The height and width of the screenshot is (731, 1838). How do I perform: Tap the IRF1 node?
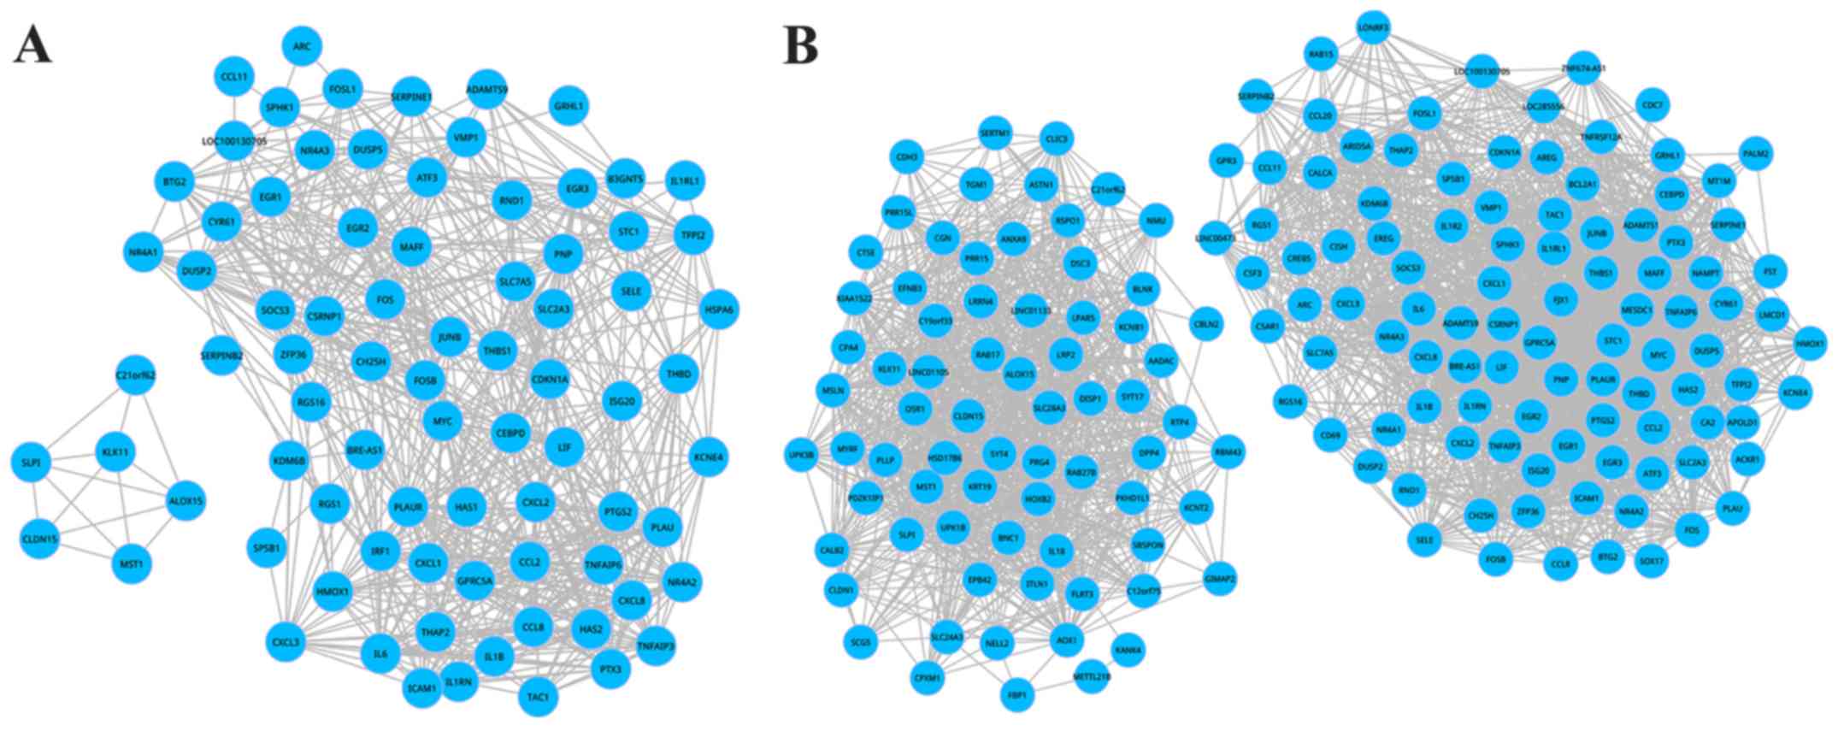point(380,551)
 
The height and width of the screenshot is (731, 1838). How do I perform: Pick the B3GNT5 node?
point(626,180)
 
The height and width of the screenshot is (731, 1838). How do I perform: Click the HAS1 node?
point(467,508)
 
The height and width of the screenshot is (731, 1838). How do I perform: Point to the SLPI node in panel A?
point(31,463)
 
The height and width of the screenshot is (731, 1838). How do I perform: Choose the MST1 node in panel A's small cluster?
point(132,564)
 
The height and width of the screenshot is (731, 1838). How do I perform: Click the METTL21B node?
point(1092,676)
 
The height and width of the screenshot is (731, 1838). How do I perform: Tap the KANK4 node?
point(1128,651)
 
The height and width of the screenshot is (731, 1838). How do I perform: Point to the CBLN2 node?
point(1205,324)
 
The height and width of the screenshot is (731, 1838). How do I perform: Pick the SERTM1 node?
point(995,133)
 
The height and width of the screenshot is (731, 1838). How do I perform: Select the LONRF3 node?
point(1374,27)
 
